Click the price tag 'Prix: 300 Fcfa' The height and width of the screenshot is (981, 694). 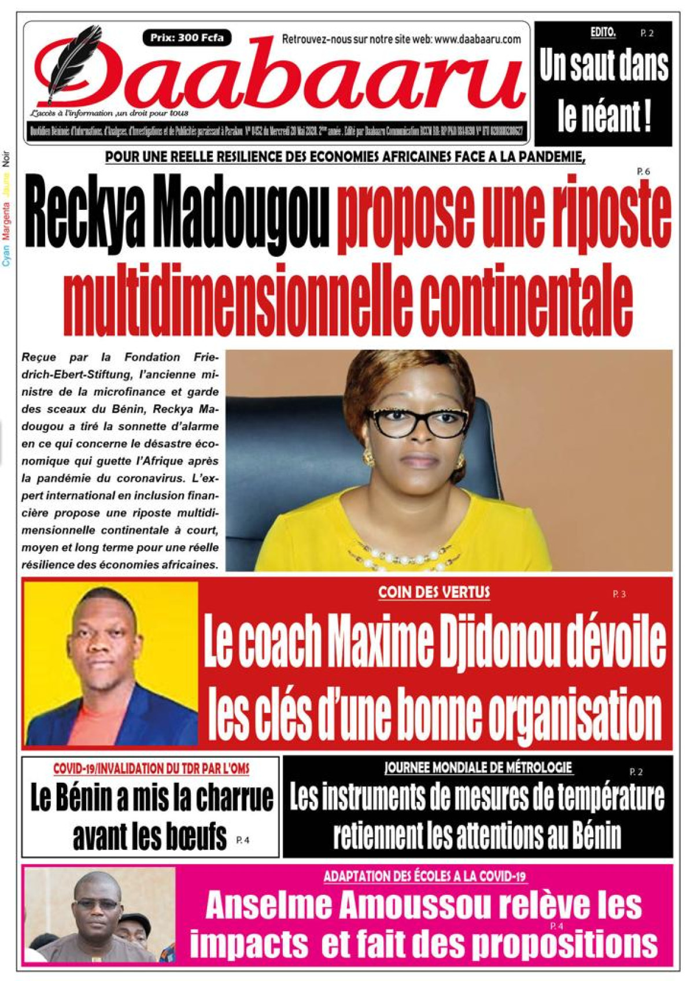pyautogui.click(x=187, y=38)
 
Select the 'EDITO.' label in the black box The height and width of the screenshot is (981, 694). pyautogui.click(x=603, y=33)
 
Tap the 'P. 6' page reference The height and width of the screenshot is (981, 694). pyautogui.click(x=644, y=171)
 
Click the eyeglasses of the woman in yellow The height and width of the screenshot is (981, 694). pyautogui.click(x=418, y=421)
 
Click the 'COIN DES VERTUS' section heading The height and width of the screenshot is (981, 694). pyautogui.click(x=434, y=592)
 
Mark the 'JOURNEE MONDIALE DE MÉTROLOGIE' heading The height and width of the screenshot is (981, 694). pyautogui.click(x=478, y=768)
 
